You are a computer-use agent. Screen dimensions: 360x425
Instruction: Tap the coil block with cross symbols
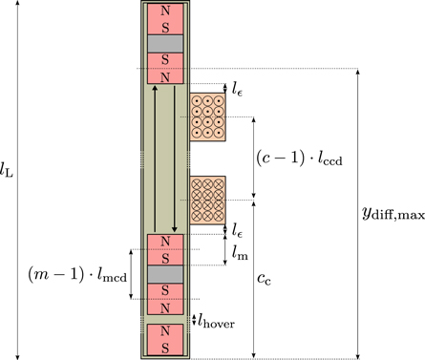206,200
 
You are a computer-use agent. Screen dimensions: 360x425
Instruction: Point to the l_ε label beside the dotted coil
238,88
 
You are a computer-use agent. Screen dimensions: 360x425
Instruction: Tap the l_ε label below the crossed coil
238,229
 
